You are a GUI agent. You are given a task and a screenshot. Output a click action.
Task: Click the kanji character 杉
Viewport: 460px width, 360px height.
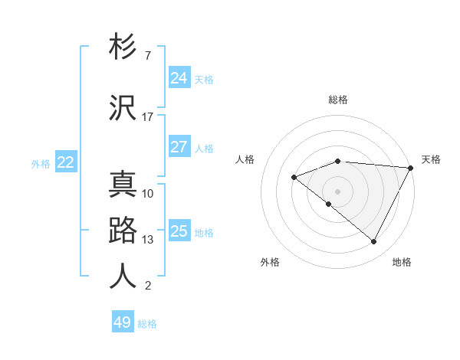click(x=123, y=47)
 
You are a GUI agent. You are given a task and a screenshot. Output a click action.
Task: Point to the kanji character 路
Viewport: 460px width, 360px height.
click(x=123, y=231)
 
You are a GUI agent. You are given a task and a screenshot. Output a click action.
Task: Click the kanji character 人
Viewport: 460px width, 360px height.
click(x=123, y=277)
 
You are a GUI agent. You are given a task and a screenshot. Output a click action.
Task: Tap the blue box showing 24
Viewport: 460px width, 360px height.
click(x=179, y=78)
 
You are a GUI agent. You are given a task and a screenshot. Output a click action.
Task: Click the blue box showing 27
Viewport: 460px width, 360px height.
click(x=179, y=147)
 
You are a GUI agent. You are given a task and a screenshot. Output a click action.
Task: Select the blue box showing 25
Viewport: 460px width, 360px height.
click(x=179, y=231)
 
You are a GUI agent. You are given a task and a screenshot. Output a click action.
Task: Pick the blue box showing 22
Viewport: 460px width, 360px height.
click(x=66, y=162)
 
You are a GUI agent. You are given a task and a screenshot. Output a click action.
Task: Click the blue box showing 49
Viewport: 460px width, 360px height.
click(x=123, y=322)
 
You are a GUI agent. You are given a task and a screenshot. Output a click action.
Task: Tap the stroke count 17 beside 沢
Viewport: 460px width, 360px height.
click(x=148, y=117)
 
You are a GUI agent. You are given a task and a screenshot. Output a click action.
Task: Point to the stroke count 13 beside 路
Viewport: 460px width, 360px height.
click(x=148, y=240)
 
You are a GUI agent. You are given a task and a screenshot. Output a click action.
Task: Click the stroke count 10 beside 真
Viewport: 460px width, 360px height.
click(x=148, y=194)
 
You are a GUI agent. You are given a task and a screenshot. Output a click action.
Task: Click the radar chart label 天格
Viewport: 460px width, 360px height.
click(x=431, y=159)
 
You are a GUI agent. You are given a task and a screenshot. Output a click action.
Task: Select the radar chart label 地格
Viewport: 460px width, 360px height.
click(x=402, y=262)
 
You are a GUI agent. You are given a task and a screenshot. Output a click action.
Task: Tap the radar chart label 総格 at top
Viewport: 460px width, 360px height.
click(x=338, y=100)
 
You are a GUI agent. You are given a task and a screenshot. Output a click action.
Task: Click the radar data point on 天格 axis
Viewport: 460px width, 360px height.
click(x=411, y=168)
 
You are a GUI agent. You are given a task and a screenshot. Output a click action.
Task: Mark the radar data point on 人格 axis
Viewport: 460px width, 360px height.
click(x=294, y=178)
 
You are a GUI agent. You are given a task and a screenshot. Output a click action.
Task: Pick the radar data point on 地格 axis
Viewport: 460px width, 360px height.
click(x=374, y=242)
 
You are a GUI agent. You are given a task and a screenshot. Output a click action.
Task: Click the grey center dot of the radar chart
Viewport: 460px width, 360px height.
click(x=337, y=191)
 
